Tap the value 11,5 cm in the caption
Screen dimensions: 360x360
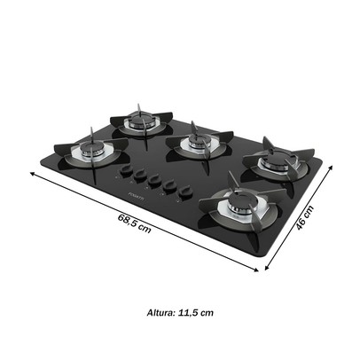194,312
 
